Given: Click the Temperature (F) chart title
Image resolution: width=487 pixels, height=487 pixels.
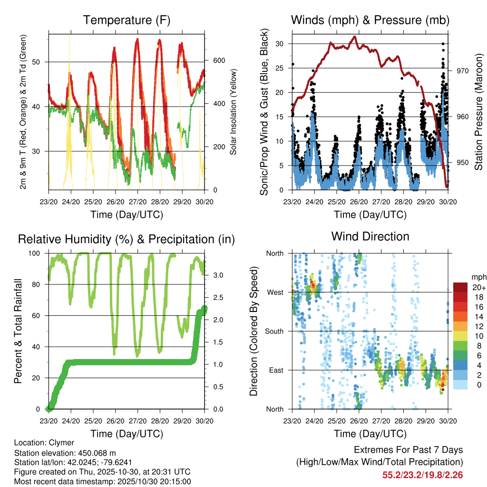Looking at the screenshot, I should [x=127, y=20].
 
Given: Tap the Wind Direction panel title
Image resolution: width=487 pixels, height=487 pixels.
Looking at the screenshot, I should [x=370, y=236].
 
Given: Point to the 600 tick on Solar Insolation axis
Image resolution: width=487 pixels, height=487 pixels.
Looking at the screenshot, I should [x=218, y=60].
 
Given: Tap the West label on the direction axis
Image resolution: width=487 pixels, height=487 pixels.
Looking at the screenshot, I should [x=274, y=292].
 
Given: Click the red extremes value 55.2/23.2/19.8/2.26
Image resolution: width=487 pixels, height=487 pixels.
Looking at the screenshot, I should [x=422, y=475].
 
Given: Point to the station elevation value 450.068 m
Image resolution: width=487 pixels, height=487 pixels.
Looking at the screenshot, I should [x=95, y=452].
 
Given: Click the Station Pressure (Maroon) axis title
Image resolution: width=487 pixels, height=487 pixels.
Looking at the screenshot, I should [x=479, y=112].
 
